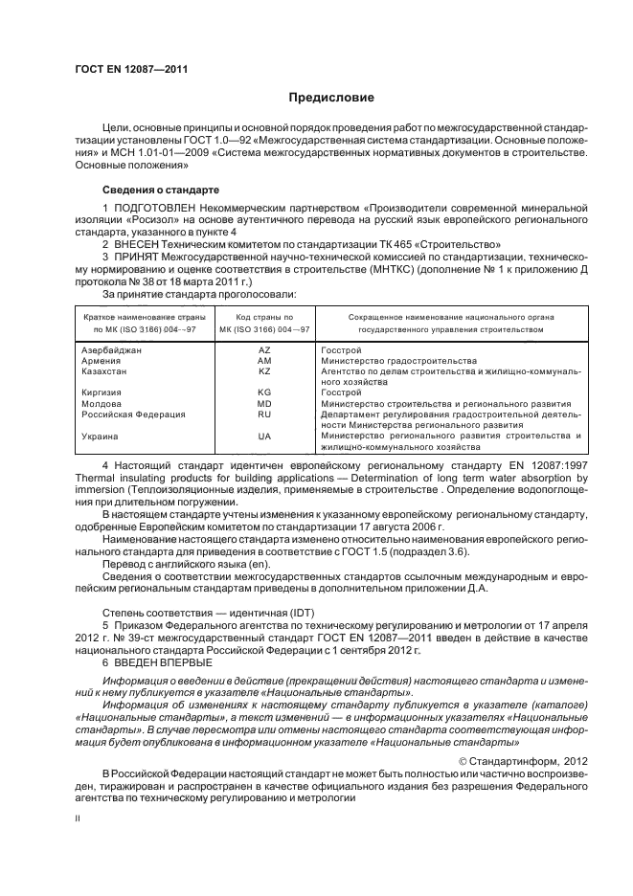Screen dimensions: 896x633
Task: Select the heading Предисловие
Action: (x=331, y=98)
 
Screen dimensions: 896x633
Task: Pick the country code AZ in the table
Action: (x=264, y=351)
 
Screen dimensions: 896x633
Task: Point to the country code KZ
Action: (x=264, y=370)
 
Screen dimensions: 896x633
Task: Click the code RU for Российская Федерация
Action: (x=264, y=414)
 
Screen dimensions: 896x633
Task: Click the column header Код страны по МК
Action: (x=264, y=323)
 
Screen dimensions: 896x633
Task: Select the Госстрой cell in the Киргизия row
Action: (x=341, y=392)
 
